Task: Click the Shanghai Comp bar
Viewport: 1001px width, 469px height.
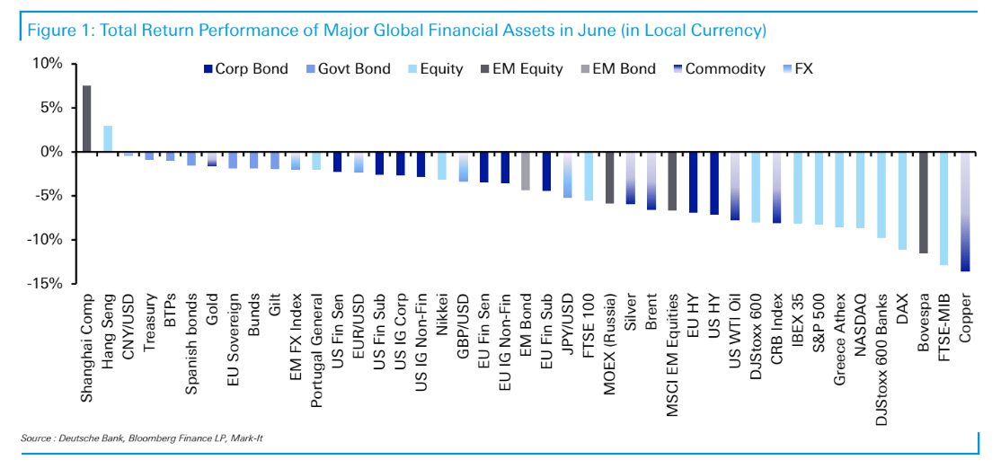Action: coord(86,119)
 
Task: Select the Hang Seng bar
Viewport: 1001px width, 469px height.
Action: coord(108,138)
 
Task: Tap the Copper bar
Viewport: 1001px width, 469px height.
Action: coord(966,211)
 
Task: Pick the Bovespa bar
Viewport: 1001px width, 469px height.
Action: coord(923,202)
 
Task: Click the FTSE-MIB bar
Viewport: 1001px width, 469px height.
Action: coord(944,208)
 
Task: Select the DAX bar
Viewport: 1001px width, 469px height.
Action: coord(902,200)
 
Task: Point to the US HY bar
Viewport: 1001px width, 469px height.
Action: coord(714,183)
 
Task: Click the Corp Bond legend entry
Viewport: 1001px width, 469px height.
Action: coord(245,68)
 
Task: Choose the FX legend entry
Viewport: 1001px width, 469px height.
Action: coord(795,68)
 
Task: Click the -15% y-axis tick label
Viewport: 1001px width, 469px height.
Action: coord(44,283)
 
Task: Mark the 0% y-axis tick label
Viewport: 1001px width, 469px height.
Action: coord(50,152)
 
